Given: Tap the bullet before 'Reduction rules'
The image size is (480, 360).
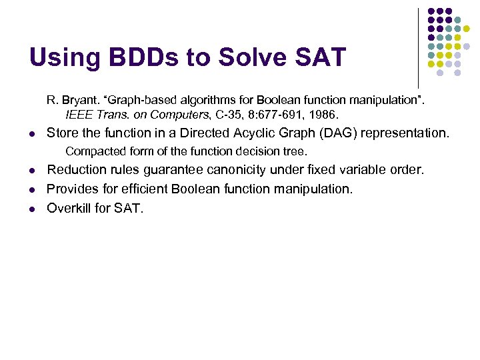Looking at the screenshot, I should coord(32,171).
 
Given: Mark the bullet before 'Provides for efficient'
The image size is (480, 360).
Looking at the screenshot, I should coord(32,190).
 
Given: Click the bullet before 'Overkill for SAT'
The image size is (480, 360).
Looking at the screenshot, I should coord(32,209).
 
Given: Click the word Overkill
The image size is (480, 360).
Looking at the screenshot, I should coord(71,208).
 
